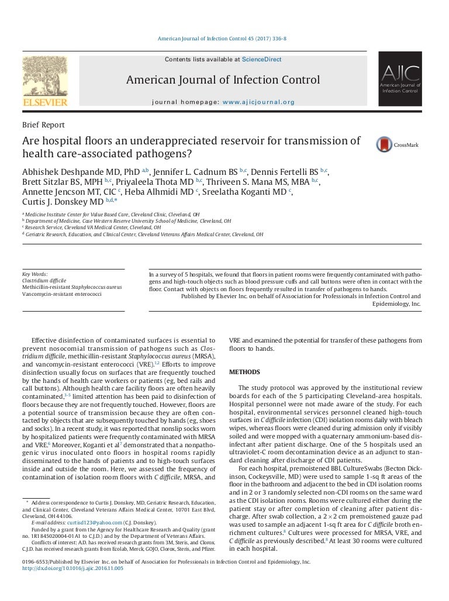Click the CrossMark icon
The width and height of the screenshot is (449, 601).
tap(384, 144)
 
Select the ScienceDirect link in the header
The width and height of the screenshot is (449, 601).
tap(262, 59)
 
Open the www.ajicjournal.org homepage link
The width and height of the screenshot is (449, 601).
tap(258, 102)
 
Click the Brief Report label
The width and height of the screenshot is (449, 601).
tap(43, 125)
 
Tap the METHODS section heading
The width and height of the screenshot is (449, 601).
tap(244, 372)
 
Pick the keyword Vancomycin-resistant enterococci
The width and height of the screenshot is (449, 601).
tap(61, 294)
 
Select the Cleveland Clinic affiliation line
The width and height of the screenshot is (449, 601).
tap(111, 215)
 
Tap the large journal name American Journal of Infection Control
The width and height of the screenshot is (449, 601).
tap(223, 80)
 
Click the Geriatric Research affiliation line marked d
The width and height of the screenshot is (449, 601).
tap(143, 234)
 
